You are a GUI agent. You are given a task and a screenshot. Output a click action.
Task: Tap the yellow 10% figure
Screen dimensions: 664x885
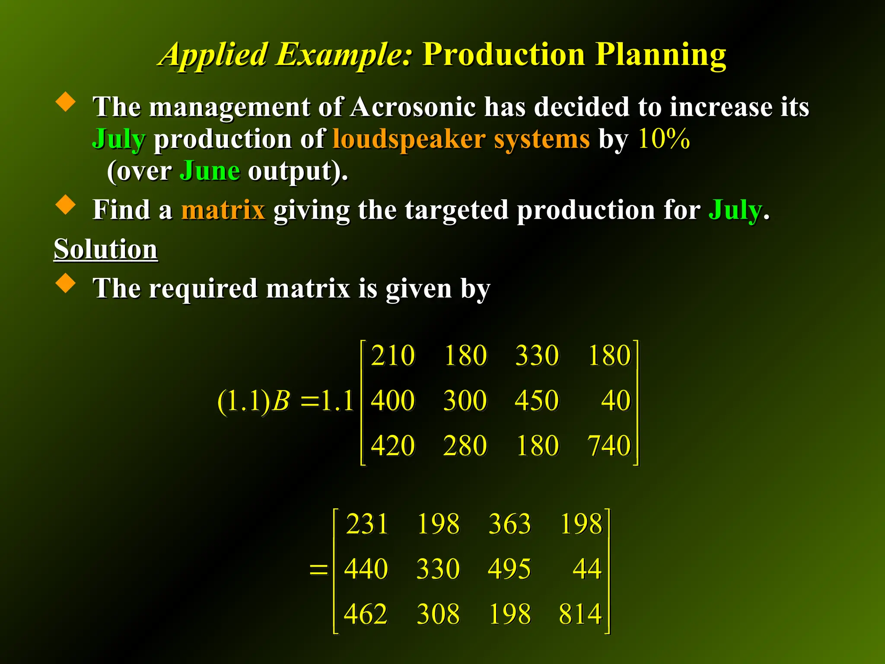(x=663, y=139)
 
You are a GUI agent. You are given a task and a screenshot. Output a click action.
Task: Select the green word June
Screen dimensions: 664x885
(x=210, y=171)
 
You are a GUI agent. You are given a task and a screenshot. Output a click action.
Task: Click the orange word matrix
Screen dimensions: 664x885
(x=223, y=210)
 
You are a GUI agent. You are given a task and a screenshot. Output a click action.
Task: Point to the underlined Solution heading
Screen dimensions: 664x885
(x=105, y=249)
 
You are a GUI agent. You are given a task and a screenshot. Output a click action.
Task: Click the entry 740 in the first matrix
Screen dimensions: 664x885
(x=609, y=446)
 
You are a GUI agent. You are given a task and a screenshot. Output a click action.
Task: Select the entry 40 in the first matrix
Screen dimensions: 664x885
(x=616, y=400)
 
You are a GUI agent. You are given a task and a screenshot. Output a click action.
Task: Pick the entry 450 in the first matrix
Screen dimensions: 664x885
(x=537, y=400)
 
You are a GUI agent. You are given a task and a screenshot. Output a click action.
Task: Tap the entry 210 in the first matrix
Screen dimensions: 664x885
(x=393, y=356)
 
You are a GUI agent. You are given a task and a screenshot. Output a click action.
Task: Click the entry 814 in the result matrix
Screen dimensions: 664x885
(x=580, y=614)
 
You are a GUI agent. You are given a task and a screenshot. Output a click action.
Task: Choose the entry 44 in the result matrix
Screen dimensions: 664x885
(x=587, y=569)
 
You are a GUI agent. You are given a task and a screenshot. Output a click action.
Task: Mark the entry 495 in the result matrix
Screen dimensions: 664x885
(x=509, y=569)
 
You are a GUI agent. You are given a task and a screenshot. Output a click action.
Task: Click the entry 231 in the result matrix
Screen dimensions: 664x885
(x=367, y=524)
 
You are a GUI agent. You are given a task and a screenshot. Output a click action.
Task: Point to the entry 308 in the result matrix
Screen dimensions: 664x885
(x=438, y=614)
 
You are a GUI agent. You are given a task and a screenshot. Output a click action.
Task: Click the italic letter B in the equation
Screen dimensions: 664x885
(x=282, y=401)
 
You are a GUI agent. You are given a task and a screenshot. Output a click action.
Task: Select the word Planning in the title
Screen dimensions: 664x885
(x=661, y=55)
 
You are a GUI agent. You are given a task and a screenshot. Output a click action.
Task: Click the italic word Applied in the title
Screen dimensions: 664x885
(x=214, y=55)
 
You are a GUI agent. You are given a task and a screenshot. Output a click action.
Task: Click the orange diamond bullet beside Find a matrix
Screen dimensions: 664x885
(x=66, y=204)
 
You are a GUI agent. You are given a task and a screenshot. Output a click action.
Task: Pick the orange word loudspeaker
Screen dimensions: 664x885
(x=409, y=139)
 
